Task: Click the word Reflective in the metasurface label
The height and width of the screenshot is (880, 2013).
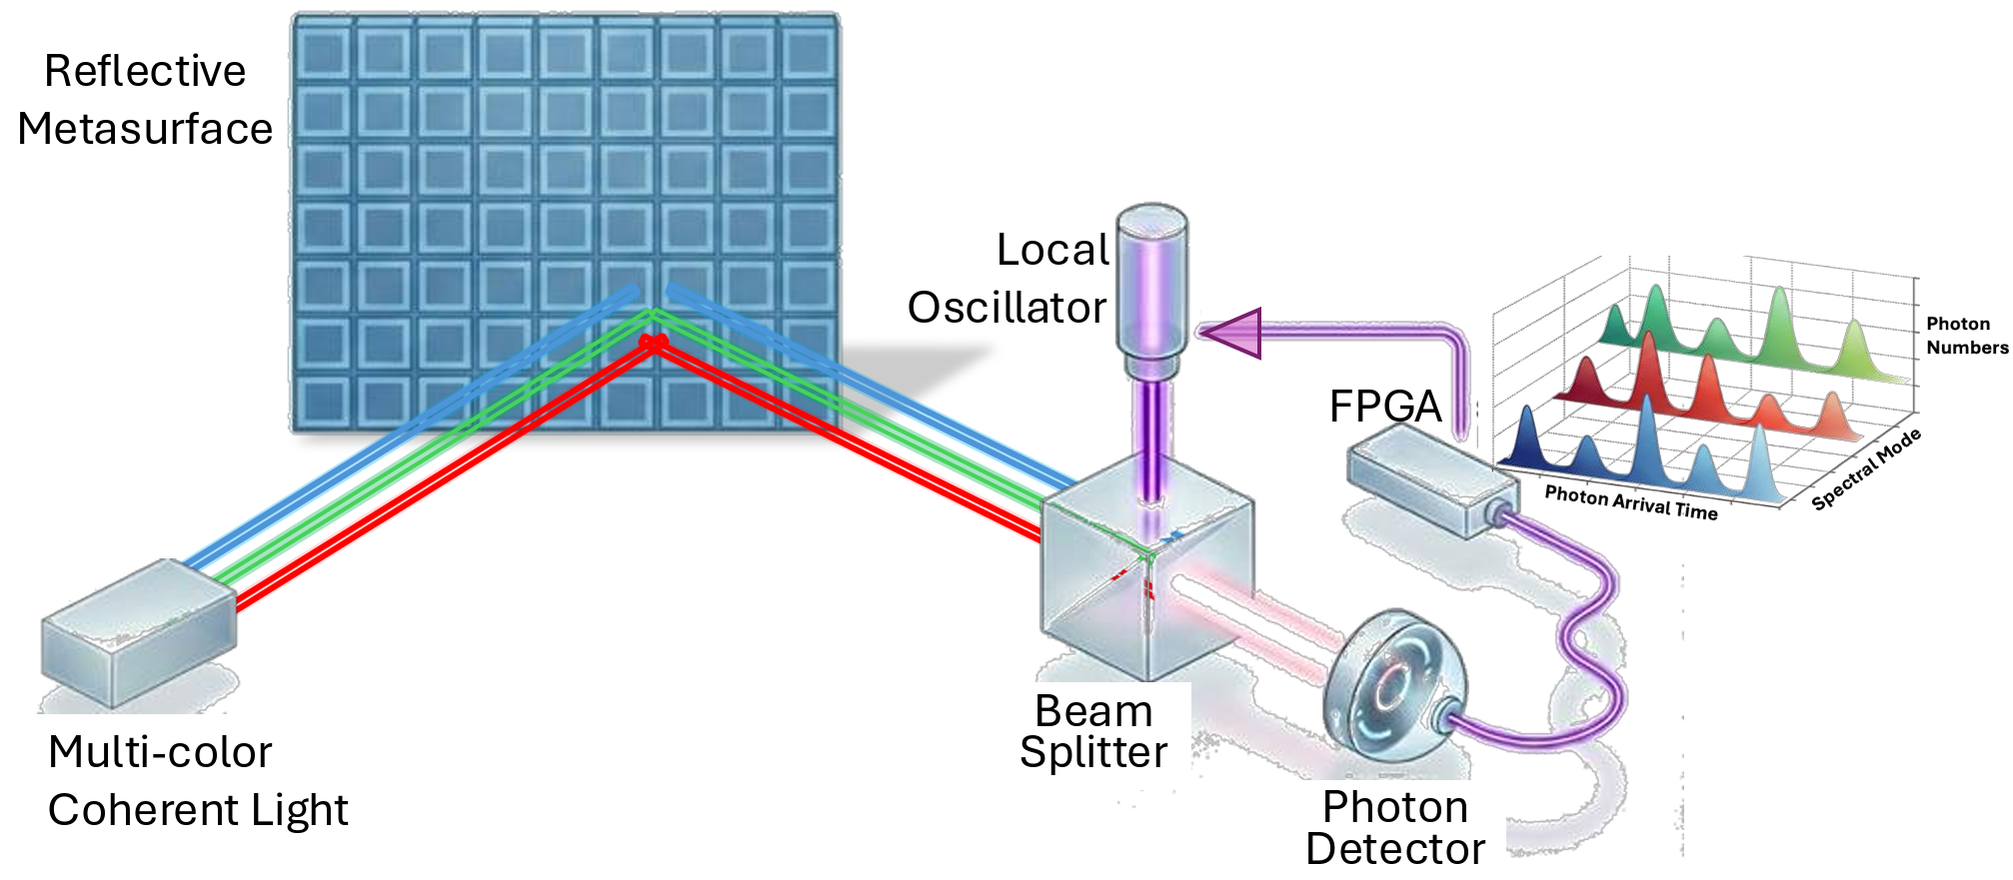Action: pyautogui.click(x=145, y=72)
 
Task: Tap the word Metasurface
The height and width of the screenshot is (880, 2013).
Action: pyautogui.click(x=145, y=130)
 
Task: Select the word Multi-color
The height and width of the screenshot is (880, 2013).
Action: pyautogui.click(x=160, y=752)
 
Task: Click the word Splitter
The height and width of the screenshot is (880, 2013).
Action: pyautogui.click(x=1093, y=752)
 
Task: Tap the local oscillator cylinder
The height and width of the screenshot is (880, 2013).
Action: pyautogui.click(x=1151, y=290)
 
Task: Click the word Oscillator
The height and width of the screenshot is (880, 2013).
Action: pyautogui.click(x=1006, y=308)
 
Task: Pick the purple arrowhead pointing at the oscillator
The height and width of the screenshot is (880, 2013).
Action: pyautogui.click(x=1232, y=333)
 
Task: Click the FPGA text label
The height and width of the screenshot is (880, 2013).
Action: pyautogui.click(x=1385, y=407)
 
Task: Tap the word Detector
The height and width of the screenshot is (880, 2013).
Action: pyautogui.click(x=1395, y=850)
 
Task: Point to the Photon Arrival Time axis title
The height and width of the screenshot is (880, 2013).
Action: pyautogui.click(x=1630, y=502)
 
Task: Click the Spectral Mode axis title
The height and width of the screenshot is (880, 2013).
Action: pyautogui.click(x=1865, y=468)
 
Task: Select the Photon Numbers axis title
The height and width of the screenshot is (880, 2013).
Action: pyautogui.click(x=1965, y=336)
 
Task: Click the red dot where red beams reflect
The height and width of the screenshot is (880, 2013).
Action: pyautogui.click(x=654, y=343)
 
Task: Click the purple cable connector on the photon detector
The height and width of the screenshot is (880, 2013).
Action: pyautogui.click(x=1445, y=717)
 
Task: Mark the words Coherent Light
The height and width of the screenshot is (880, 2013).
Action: pyautogui.click(x=198, y=810)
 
